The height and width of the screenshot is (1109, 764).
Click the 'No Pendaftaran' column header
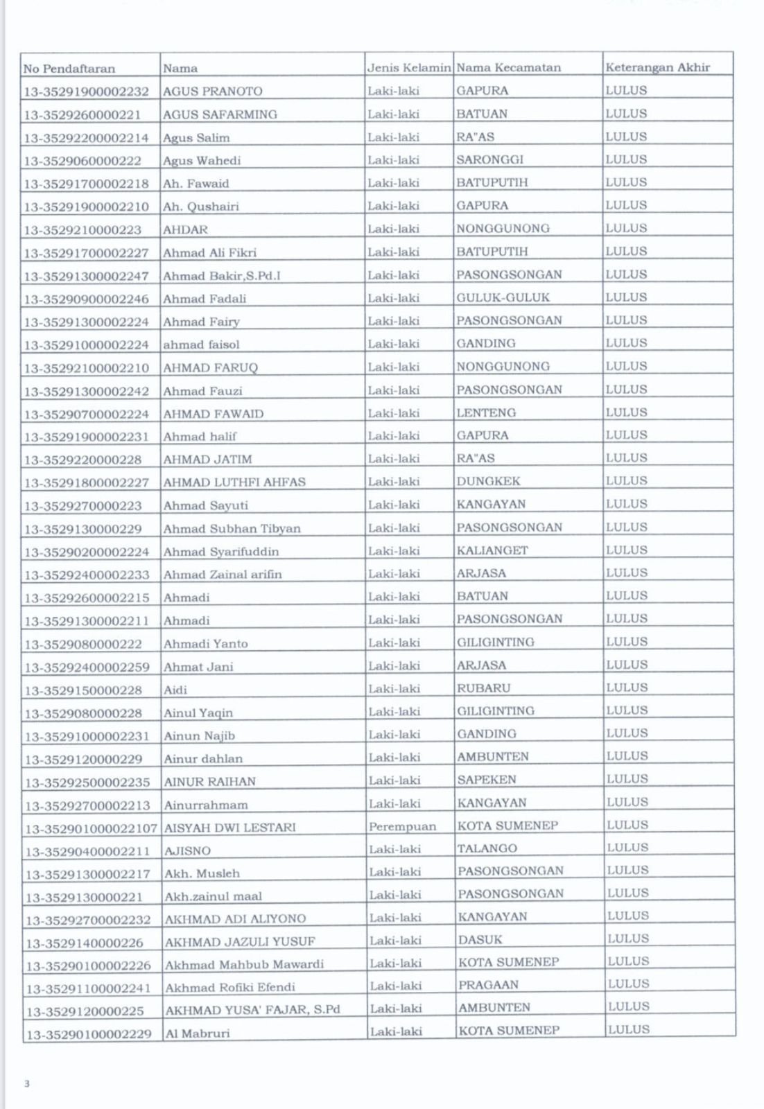69,69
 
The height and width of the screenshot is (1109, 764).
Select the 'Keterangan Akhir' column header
657,68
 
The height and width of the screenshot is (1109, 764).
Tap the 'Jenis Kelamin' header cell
409,68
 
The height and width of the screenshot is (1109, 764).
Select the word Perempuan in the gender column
402,826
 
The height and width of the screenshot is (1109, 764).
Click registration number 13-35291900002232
86,91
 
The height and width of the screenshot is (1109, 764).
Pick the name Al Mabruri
197,1033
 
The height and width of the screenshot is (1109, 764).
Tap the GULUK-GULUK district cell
503,297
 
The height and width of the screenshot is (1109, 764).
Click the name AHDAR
185,229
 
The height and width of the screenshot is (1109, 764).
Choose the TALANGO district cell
487,848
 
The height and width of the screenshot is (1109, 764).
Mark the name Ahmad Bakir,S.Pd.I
222,276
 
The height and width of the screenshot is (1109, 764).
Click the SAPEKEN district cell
487,780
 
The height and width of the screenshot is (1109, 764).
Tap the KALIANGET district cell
492,550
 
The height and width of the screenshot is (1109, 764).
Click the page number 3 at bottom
27,1083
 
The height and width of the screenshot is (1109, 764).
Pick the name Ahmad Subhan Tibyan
232,529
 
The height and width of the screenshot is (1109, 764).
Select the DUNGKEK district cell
488,481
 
